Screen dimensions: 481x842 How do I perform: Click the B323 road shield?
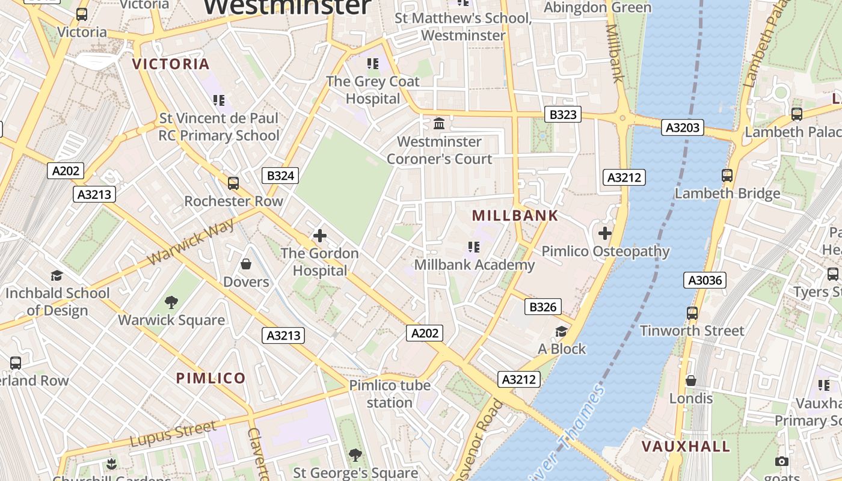point(563,114)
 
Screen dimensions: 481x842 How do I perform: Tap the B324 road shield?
point(280,176)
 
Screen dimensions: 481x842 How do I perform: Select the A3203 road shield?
point(682,127)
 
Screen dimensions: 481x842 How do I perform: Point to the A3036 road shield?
point(705,280)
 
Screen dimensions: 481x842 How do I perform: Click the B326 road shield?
point(542,307)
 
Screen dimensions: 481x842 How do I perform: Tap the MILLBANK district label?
point(515,215)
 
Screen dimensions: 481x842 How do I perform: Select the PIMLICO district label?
point(210,378)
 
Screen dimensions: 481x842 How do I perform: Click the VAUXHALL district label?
point(686,446)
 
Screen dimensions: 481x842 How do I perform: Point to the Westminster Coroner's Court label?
point(440,150)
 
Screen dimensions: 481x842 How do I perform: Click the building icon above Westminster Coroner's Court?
point(439,123)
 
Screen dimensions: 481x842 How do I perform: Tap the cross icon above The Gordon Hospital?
point(320,236)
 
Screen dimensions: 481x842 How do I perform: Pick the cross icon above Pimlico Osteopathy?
point(605,233)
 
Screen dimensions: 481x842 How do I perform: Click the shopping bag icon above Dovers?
point(246,264)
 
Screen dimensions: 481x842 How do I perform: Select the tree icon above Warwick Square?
point(171,302)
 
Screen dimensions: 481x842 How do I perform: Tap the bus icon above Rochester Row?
point(233,183)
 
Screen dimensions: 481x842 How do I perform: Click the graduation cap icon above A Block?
point(561,331)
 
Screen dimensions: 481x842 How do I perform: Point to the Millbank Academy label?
point(475,265)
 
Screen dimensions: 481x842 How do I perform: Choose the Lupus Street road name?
point(173,434)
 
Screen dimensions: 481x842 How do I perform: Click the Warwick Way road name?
point(191,242)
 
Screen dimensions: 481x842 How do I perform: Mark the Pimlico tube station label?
point(390,394)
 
